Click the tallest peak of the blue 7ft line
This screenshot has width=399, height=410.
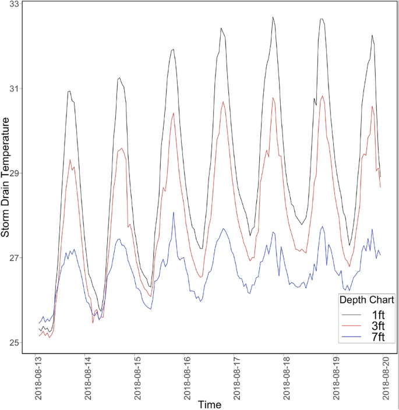pos(173,213)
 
